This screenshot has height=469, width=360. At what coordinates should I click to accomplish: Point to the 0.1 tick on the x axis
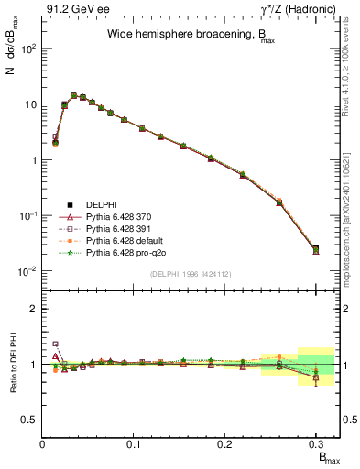[134, 443]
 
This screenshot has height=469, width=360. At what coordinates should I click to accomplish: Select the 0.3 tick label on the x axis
[315, 443]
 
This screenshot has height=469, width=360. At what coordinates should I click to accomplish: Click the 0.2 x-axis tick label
[224, 443]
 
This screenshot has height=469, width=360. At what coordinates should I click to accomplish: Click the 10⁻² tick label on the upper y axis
[27, 271]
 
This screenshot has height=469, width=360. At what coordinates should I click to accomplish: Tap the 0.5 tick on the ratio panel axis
[29, 420]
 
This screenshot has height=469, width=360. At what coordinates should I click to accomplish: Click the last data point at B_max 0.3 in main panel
[316, 249]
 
